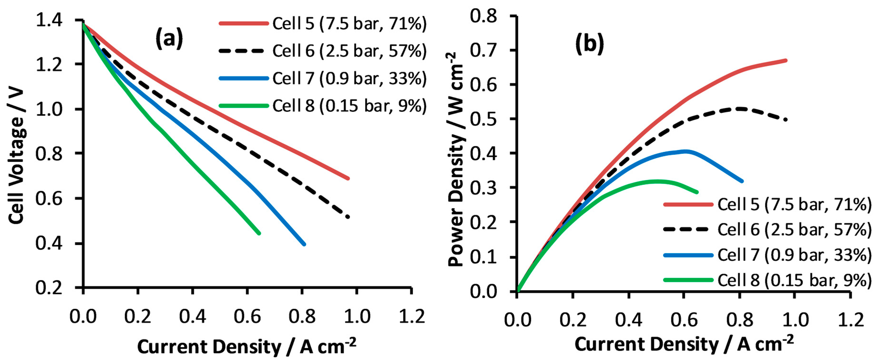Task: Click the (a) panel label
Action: pyautogui.click(x=169, y=38)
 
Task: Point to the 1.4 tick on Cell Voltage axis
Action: pyautogui.click(x=49, y=20)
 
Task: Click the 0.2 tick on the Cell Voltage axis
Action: pyautogui.click(x=49, y=287)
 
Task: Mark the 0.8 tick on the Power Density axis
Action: pyautogui.click(x=483, y=16)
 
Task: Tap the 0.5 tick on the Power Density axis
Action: pyautogui.click(x=483, y=119)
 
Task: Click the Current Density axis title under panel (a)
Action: pyautogui.click(x=247, y=346)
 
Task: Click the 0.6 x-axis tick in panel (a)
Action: pyautogui.click(x=247, y=316)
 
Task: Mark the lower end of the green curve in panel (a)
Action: pyautogui.click(x=259, y=233)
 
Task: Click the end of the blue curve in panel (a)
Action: pyautogui.click(x=304, y=244)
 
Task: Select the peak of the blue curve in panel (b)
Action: pyautogui.click(x=685, y=151)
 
